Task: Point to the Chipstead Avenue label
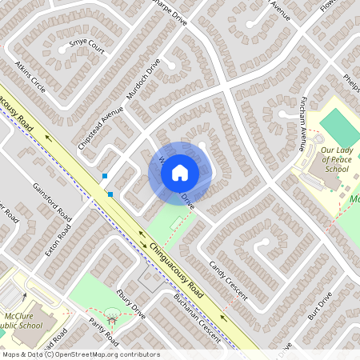(101, 126)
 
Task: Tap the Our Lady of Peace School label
(335, 158)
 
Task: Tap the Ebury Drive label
(130, 303)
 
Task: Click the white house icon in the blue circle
(180, 173)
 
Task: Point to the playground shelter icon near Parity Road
(111, 319)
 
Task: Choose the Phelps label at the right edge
(351, 82)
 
